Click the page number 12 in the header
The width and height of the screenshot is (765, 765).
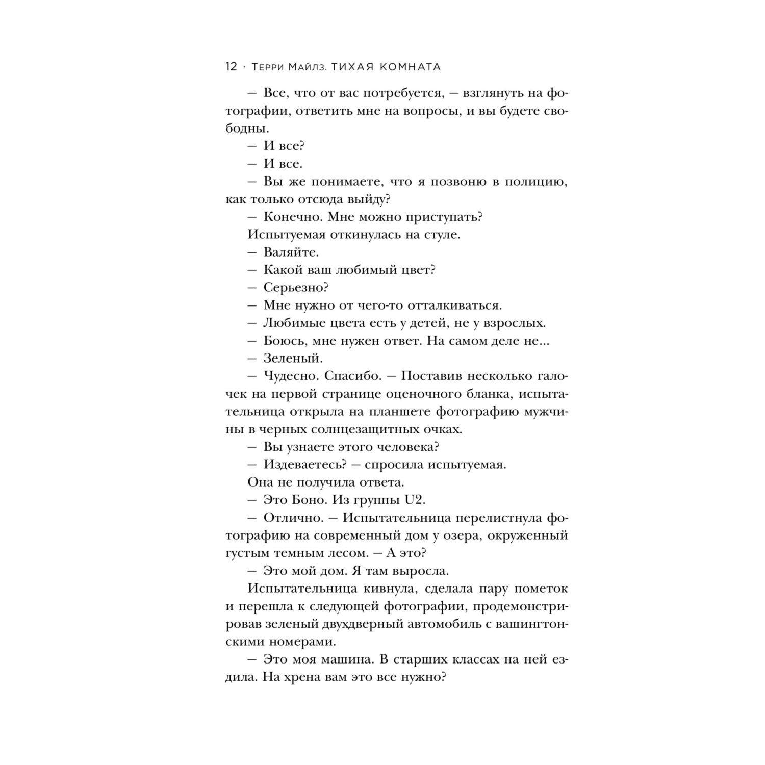[231, 67]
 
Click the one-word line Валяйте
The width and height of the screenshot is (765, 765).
[291, 252]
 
